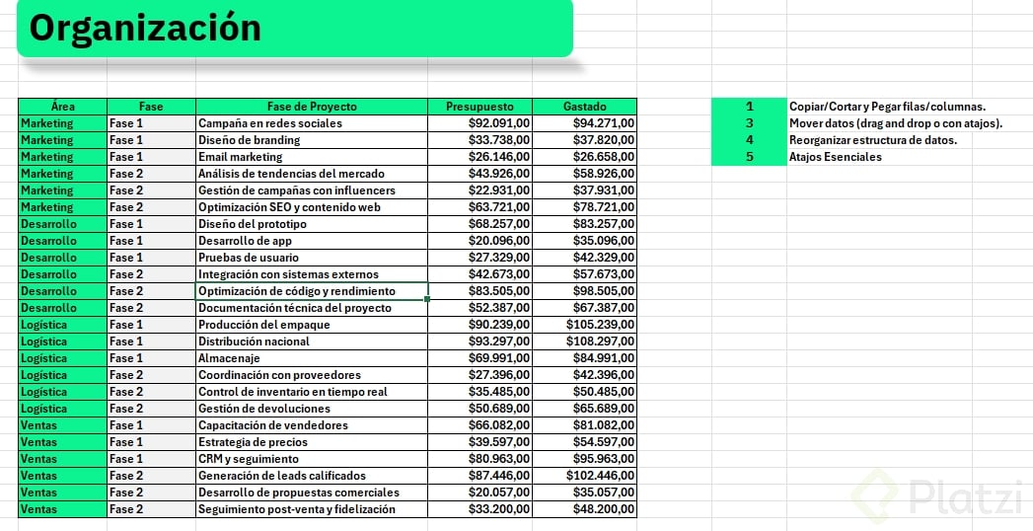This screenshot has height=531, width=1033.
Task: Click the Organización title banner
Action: (x=294, y=28)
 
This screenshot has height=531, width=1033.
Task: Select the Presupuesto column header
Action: (x=480, y=107)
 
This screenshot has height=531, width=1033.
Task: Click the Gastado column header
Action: (x=584, y=107)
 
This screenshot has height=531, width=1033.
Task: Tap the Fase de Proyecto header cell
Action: (x=312, y=107)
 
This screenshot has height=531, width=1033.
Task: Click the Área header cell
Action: (x=62, y=107)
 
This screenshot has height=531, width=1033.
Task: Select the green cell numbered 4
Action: (x=749, y=140)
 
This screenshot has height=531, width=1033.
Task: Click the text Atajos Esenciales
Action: (x=836, y=157)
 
